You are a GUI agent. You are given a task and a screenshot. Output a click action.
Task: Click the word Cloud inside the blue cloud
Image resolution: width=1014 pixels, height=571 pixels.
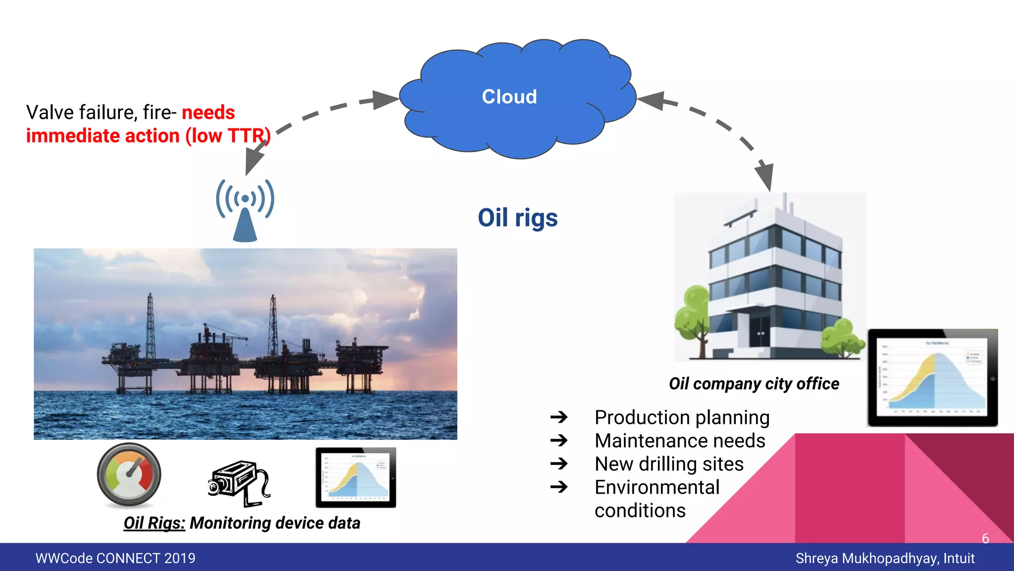pos(509,97)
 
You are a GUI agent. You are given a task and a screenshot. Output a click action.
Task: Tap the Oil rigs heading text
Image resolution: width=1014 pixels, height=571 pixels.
pos(517,218)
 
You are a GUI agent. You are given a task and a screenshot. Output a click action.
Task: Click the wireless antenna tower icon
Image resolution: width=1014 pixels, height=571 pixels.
pos(245,211)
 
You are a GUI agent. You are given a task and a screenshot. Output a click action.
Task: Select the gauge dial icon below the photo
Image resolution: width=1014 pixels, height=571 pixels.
pos(129,475)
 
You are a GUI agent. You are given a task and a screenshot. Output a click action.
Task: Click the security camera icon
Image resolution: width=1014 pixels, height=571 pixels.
pos(239,483)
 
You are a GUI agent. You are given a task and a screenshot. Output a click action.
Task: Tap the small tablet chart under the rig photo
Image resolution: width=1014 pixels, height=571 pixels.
pos(355,477)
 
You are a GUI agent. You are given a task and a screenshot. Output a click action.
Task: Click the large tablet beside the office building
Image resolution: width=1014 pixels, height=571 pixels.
pos(932,378)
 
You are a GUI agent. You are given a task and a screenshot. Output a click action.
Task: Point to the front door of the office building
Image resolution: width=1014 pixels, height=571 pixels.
pos(760,331)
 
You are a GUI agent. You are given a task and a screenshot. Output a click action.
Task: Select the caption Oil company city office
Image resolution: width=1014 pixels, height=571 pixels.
pos(754,384)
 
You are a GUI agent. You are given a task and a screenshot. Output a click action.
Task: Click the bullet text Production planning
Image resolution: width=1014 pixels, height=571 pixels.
pos(682,417)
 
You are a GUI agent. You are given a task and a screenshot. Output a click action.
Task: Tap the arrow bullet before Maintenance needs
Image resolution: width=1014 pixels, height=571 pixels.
pos(559,440)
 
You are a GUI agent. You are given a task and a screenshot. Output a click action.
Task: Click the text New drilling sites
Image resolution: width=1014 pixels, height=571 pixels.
pos(669,464)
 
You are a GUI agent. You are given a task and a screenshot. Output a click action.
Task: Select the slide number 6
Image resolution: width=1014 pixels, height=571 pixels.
pos(985,538)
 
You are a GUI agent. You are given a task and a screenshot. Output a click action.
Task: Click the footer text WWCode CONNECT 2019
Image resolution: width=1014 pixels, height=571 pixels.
pos(115,558)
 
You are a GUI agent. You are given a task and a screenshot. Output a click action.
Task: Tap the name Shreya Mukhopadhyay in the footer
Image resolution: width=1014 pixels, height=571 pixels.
pos(866,558)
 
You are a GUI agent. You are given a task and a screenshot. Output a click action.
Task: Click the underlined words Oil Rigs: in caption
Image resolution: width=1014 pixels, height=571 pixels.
pos(154,523)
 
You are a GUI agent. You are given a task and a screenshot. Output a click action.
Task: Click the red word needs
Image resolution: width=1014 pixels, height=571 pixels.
pos(208,113)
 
